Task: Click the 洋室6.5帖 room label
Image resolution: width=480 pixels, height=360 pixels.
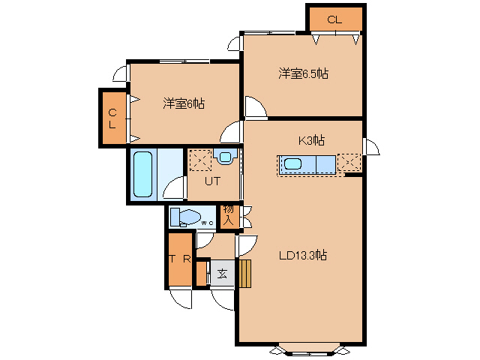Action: click(303, 73)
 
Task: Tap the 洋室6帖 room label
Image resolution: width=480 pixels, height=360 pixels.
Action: click(184, 103)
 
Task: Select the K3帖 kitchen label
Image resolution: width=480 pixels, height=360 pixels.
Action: click(311, 140)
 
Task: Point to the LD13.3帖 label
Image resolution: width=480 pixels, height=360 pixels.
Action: click(303, 255)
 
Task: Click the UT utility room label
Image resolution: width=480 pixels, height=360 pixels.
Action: click(212, 181)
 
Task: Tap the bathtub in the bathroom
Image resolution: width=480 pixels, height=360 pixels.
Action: click(143, 174)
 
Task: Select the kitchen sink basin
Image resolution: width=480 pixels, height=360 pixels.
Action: click(293, 164)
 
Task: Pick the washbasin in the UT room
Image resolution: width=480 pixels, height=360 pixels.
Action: click(225, 157)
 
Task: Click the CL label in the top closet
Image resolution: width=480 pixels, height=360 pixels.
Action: click(334, 20)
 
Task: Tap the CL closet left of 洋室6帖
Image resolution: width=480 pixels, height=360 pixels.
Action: click(113, 118)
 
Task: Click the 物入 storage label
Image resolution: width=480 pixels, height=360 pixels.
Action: click(229, 216)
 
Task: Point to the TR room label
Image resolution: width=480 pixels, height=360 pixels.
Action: click(180, 259)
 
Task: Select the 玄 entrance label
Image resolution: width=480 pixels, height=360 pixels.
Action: click(223, 273)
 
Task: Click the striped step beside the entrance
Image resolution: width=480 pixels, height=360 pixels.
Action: click(245, 274)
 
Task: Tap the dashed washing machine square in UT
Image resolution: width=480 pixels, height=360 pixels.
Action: click(200, 160)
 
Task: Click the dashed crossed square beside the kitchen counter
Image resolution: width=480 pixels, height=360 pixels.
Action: click(349, 163)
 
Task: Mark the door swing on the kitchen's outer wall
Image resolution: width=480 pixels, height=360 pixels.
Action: click(372, 147)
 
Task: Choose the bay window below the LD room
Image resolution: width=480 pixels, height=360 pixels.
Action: click(310, 350)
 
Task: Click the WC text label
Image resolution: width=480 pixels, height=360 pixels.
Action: click(207, 223)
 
